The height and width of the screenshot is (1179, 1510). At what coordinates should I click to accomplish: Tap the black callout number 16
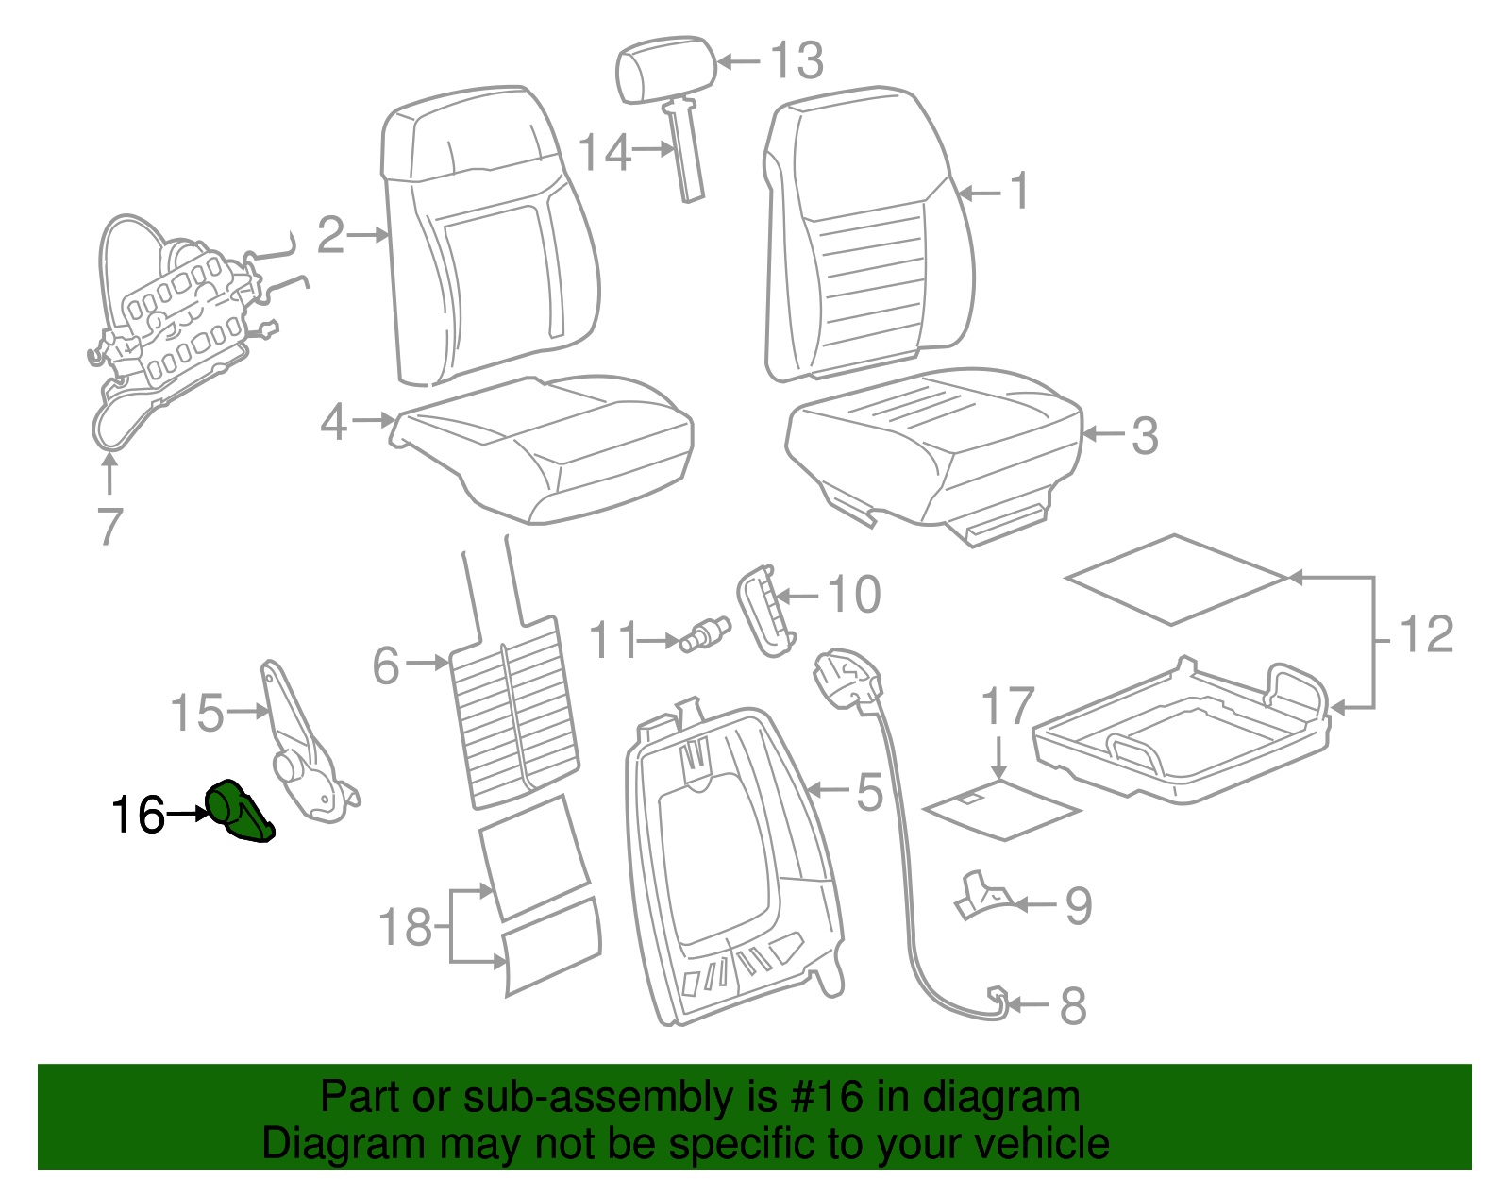138,816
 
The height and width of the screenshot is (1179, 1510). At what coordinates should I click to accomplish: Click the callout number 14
604,151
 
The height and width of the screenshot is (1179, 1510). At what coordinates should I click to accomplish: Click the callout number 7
109,527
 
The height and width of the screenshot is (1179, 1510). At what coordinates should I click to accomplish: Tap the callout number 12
1426,634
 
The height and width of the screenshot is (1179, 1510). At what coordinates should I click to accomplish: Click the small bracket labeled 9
981,896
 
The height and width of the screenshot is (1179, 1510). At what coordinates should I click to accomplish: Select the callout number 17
1008,707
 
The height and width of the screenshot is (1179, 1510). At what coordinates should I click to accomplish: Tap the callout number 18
405,928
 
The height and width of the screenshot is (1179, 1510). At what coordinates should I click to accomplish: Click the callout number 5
869,791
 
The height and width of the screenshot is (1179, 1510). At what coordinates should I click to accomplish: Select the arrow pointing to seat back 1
980,194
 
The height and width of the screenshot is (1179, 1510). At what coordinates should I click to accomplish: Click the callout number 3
1144,436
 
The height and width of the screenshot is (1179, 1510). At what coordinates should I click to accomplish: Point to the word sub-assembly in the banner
598,1098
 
